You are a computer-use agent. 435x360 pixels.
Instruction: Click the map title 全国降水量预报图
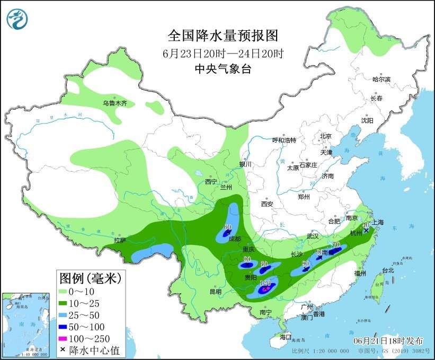tap(223, 36)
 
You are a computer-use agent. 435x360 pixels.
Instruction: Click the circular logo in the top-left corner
tap(17, 19)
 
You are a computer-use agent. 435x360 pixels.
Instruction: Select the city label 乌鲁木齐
tap(115, 103)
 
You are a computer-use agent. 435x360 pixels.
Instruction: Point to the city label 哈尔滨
tap(381, 80)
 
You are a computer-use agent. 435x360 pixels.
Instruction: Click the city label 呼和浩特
tap(284, 140)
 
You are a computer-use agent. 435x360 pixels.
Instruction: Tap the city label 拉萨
tap(120, 240)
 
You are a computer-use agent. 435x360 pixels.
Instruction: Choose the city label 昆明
tap(201, 291)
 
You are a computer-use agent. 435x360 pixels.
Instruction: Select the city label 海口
tap(286, 337)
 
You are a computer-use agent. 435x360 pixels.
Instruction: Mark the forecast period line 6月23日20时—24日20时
tap(223, 53)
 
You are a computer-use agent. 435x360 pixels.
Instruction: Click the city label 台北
tap(388, 270)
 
